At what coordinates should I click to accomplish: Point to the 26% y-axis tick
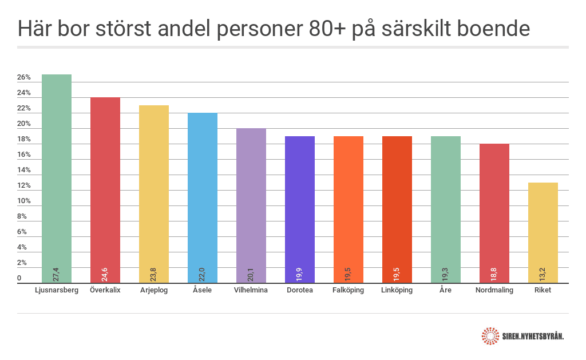coord(24,78)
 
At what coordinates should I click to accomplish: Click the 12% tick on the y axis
coord(24,186)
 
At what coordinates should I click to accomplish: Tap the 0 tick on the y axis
coord(19,279)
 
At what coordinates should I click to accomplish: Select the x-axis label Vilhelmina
coord(251,290)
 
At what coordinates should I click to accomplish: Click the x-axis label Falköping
coord(348,290)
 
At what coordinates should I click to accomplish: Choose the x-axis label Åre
coord(446,290)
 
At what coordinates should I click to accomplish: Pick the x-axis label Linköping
coord(397,290)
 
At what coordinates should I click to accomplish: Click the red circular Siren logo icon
coord(490,336)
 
